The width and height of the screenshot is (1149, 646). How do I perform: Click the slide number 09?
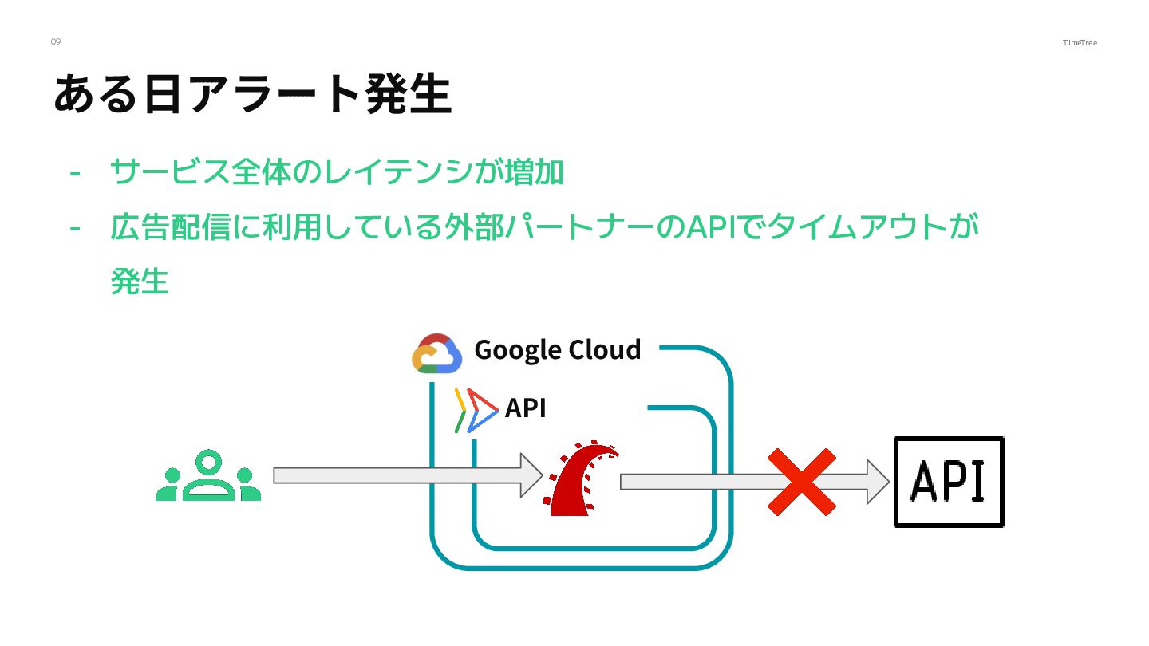click(55, 41)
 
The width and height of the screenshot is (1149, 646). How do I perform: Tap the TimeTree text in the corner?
click(1080, 42)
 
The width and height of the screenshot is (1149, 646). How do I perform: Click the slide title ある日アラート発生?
click(252, 94)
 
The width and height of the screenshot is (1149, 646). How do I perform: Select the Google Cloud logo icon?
click(437, 353)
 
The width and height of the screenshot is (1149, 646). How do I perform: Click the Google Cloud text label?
click(557, 350)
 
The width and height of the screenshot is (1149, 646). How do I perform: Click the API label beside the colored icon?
click(525, 408)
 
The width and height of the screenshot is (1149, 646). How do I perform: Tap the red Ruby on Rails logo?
click(582, 477)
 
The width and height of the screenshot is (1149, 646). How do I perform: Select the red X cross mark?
click(801, 482)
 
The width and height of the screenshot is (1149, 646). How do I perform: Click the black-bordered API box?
click(948, 482)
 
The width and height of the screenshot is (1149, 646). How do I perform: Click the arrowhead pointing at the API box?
click(877, 482)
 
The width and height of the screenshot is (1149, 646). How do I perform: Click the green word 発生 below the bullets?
click(140, 282)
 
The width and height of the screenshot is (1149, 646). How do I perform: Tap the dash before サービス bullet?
click(76, 173)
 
